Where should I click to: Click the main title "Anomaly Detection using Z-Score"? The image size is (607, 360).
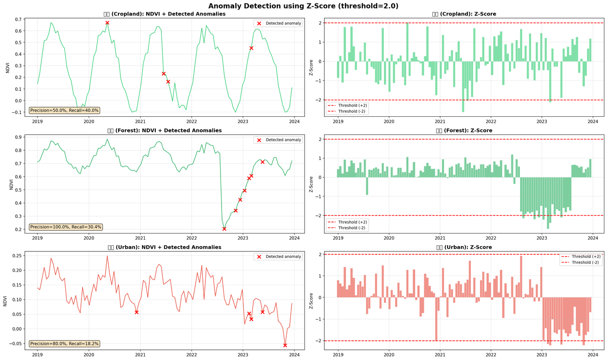(x=303, y=6)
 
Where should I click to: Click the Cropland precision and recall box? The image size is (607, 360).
(x=64, y=110)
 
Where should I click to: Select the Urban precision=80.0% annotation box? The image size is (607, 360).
(x=64, y=344)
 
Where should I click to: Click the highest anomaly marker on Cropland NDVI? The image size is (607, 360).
(x=107, y=23)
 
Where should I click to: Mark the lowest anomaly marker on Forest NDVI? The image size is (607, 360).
(x=224, y=229)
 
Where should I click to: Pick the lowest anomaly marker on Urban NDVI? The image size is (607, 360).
(x=285, y=345)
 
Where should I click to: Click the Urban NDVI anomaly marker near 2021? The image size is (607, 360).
(x=137, y=312)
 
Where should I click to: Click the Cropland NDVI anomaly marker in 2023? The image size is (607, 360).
(x=251, y=48)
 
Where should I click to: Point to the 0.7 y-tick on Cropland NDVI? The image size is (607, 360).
(x=18, y=19)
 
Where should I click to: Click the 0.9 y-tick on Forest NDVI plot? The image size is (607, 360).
(x=18, y=137)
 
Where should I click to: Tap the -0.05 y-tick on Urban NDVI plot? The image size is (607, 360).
(x=15, y=344)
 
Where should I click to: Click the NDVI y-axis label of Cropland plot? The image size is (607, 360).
(x=7, y=67)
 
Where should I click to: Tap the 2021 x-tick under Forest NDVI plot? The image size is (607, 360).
(x=140, y=238)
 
